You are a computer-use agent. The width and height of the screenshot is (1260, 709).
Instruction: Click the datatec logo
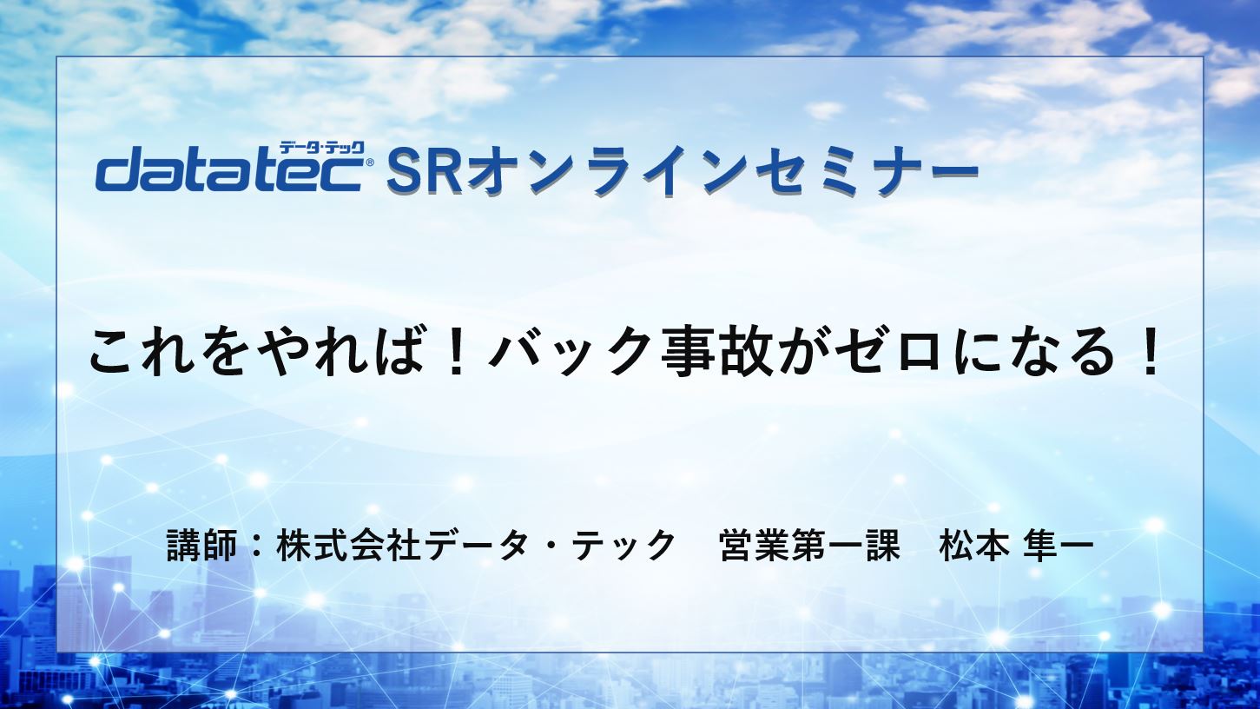[230, 169]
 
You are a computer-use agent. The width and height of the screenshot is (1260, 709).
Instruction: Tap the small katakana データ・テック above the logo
[321, 148]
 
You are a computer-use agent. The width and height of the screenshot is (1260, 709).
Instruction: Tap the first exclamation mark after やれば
[454, 352]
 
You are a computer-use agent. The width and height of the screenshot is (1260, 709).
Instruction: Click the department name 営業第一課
[810, 545]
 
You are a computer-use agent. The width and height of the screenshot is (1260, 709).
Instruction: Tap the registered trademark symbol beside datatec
[370, 162]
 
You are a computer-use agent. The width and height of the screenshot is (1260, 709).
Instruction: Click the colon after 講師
[256, 546]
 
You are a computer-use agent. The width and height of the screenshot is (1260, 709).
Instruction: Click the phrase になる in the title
[1035, 352]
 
